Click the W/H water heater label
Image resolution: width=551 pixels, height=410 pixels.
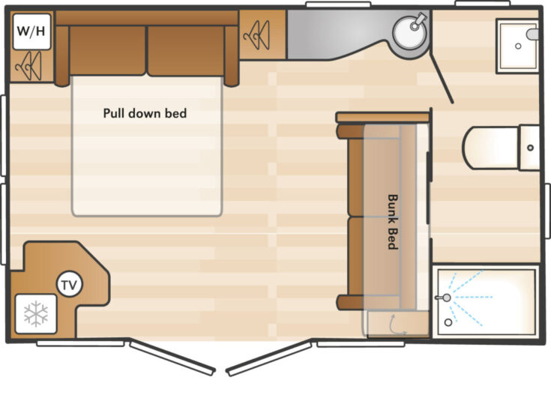tap(31, 31)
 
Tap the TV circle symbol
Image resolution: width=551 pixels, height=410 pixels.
tap(69, 285)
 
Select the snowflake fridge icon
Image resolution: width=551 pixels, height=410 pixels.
tap(36, 313)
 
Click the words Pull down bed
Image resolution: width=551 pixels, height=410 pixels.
tap(145, 113)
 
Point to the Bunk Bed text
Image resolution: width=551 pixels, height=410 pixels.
tap(393, 222)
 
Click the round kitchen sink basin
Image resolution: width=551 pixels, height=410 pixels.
tap(410, 32)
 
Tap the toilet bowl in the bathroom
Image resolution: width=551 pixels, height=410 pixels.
tap(491, 148)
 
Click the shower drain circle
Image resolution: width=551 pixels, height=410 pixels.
tap(448, 322)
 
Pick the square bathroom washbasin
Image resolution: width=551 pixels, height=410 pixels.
tap(517, 46)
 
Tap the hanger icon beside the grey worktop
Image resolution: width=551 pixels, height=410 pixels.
tap(256, 34)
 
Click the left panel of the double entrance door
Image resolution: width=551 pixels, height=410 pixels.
tap(172, 357)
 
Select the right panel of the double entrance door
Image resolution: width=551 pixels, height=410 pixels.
tap(269, 358)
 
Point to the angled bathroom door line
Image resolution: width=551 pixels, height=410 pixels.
tap(442, 79)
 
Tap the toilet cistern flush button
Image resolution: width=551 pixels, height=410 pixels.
tap(531, 148)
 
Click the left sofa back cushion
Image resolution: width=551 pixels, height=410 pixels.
tap(107, 50)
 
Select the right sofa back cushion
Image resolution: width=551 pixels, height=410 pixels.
tap(186, 50)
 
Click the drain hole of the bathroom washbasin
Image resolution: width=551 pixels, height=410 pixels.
tap(518, 46)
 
